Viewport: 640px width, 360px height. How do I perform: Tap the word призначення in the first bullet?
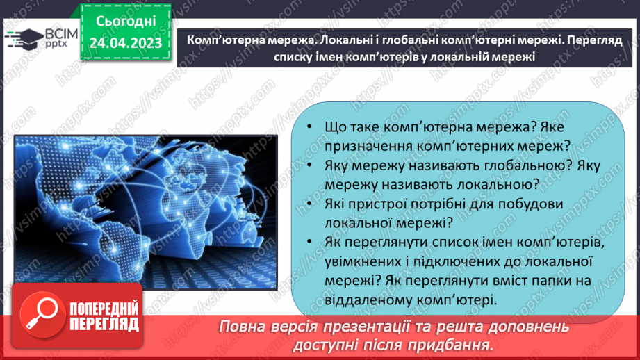click(368, 146)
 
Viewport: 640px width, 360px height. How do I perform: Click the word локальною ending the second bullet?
click(495, 185)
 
